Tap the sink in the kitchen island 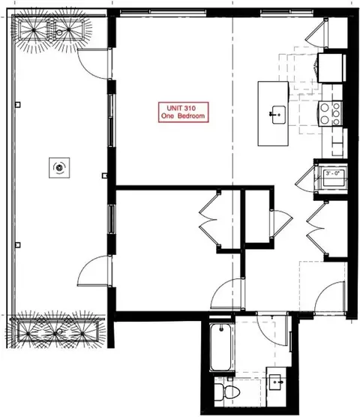(x=275, y=115)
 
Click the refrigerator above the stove (x=331, y=68)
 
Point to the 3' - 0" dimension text (x=331, y=175)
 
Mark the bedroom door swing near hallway (x=227, y=292)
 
